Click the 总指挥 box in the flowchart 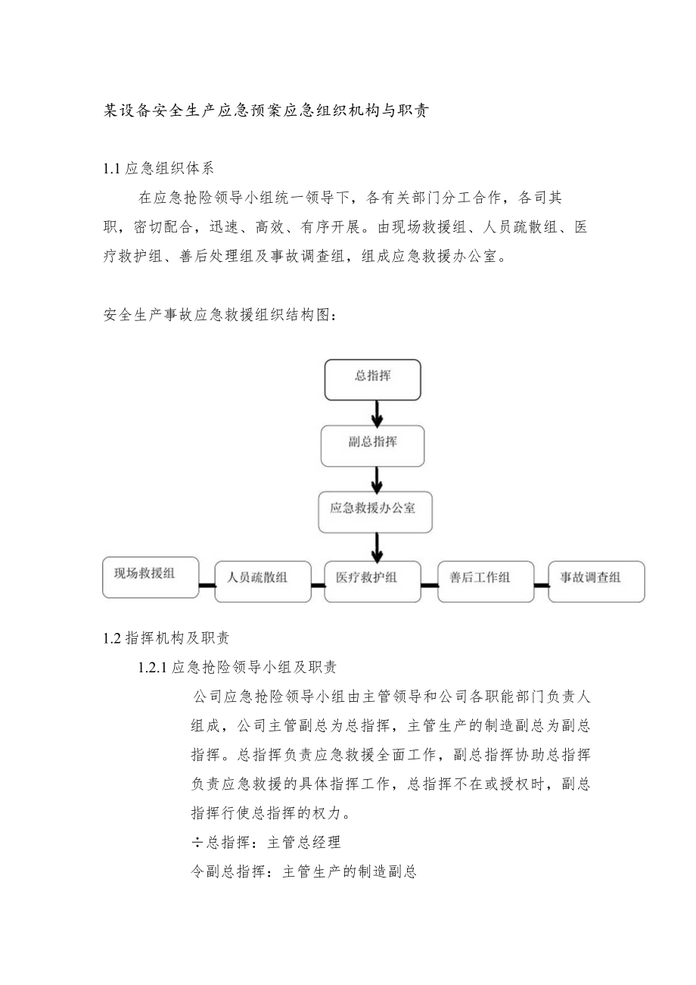click(372, 379)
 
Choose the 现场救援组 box click(151, 577)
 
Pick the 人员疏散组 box click(263, 581)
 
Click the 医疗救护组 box click(372, 581)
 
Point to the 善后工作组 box click(486, 581)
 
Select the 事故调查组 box click(596, 581)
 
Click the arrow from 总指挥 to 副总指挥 click(377, 412)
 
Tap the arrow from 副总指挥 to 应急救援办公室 click(377, 478)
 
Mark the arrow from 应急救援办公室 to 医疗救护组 click(377, 546)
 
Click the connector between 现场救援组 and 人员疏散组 click(207, 584)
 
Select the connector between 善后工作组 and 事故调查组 click(541, 584)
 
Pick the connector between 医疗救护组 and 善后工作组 click(430, 584)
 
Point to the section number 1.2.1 click(151, 668)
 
